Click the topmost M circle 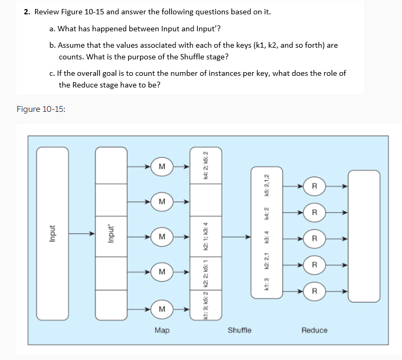click(x=162, y=167)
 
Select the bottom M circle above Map click(x=162, y=308)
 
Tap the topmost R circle click(x=314, y=186)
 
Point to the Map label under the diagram click(x=162, y=330)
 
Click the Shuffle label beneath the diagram click(x=240, y=330)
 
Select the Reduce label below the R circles click(x=314, y=330)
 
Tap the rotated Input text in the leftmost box click(x=52, y=233)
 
